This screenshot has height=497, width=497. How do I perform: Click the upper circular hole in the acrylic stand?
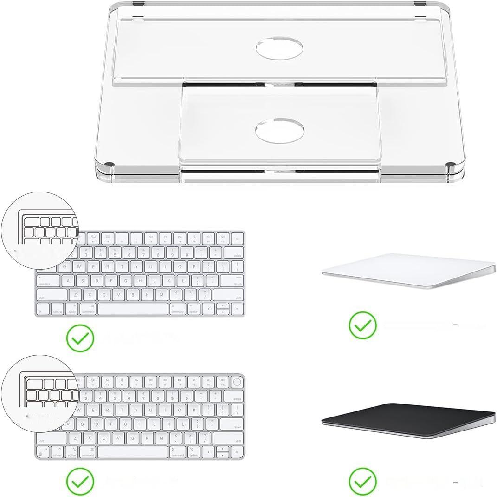(x=280, y=49)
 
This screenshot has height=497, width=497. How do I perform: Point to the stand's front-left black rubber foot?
(x=110, y=165)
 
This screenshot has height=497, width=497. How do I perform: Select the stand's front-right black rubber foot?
(x=451, y=165)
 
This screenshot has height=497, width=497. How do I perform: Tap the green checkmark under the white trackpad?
(x=362, y=325)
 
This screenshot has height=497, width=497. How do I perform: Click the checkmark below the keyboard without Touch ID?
(x=80, y=338)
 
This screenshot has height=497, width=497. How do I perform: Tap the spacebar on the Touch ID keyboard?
(x=133, y=452)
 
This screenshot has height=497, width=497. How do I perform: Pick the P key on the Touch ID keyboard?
(x=194, y=410)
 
